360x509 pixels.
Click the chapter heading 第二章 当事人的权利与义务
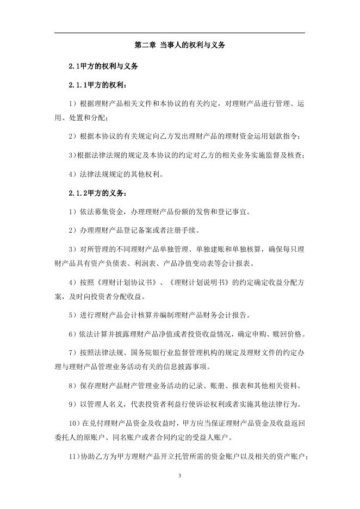(x=179, y=46)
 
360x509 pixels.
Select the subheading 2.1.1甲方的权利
(x=99, y=86)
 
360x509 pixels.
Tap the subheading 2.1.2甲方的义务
(x=99, y=193)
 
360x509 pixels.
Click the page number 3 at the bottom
(x=179, y=476)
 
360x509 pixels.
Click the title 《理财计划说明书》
(x=201, y=283)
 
